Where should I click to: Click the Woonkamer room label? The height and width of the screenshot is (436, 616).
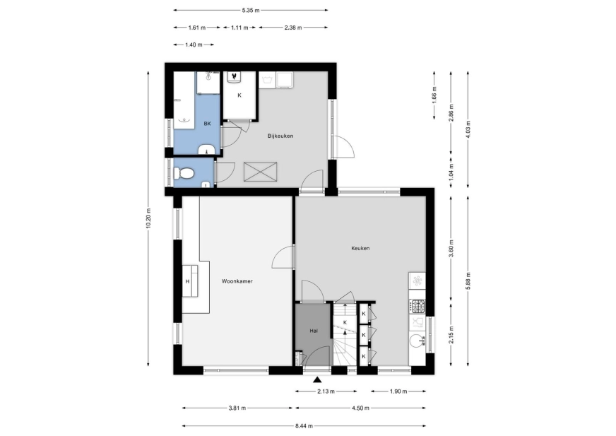pyautogui.click(x=237, y=281)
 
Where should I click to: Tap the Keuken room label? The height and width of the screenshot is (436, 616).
pyautogui.click(x=360, y=249)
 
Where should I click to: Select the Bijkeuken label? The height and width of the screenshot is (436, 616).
pyautogui.click(x=280, y=136)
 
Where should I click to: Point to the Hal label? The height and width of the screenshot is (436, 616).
pyautogui.click(x=314, y=331)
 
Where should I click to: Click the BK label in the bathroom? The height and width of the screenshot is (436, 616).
pyautogui.click(x=207, y=124)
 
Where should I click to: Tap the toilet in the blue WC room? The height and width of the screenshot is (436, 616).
pyautogui.click(x=184, y=173)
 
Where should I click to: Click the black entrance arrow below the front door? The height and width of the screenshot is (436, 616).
pyautogui.click(x=317, y=379)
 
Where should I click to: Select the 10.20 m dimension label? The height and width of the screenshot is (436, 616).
pyautogui.click(x=148, y=218)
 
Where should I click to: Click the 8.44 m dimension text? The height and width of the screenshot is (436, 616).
pyautogui.click(x=304, y=426)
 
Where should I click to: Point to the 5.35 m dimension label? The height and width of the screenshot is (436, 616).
pyautogui.click(x=251, y=10)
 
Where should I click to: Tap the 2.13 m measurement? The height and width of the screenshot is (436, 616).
pyautogui.click(x=326, y=391)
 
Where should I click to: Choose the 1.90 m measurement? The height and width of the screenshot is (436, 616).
pyautogui.click(x=398, y=391)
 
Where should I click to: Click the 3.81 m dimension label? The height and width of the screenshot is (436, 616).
pyautogui.click(x=237, y=408)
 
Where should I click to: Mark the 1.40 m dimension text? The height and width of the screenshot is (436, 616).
pyautogui.click(x=194, y=45)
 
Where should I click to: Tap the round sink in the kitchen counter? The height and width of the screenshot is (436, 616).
pyautogui.click(x=415, y=341)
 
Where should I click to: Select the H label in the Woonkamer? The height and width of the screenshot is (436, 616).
pyautogui.click(x=187, y=281)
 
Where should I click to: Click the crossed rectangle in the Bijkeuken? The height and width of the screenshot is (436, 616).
pyautogui.click(x=261, y=172)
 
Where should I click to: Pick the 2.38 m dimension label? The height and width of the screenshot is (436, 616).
pyautogui.click(x=293, y=28)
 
